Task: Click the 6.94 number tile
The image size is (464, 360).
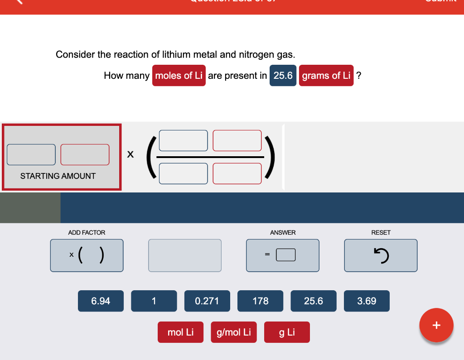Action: (101, 301)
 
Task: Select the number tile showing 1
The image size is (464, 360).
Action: (154, 301)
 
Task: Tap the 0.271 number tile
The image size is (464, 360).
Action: (207, 301)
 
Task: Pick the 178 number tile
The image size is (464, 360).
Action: (260, 301)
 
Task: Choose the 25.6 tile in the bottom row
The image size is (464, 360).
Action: (314, 301)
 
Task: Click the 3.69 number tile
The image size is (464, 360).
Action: (367, 301)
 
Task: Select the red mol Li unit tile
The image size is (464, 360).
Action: (180, 332)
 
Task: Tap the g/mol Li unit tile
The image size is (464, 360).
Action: (234, 332)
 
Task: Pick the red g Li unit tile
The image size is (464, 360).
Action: (287, 332)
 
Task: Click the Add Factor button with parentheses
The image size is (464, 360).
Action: (87, 255)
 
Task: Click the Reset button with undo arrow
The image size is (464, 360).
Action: (381, 255)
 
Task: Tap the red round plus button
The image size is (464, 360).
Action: (436, 325)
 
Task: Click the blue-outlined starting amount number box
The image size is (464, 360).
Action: (31, 154)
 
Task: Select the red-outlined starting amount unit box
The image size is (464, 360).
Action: (85, 154)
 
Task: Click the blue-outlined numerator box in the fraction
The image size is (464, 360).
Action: (184, 140)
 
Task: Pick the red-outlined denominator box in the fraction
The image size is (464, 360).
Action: (237, 173)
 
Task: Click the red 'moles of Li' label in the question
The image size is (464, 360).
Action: (179, 76)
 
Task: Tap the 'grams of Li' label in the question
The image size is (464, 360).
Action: (326, 76)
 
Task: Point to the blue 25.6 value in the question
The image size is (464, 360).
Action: (283, 76)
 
